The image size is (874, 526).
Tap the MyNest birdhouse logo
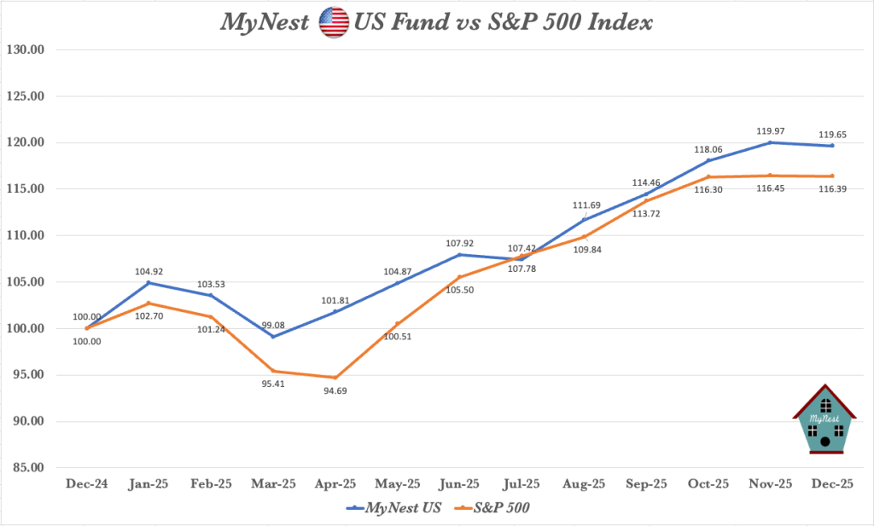tap(824, 419)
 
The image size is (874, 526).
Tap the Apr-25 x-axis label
tap(335, 484)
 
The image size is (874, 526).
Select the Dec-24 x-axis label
tap(87, 484)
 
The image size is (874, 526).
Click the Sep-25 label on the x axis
tap(646, 484)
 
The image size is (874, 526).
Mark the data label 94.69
tap(335, 390)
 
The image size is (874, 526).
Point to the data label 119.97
tap(771, 130)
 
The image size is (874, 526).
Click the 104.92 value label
tap(149, 271)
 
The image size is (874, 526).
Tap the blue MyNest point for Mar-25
tap(273, 337)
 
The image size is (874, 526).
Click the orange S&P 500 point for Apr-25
tap(335, 378)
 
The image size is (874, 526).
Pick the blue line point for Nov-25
tap(771, 142)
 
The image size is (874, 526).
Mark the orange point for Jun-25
tap(460, 277)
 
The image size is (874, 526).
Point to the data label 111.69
tap(585, 207)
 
